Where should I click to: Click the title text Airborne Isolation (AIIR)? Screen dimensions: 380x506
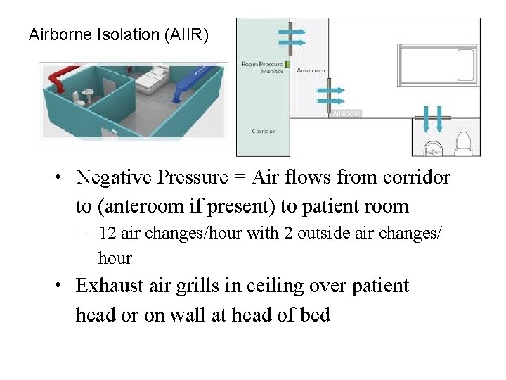tap(118, 34)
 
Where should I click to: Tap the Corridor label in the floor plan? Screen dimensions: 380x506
tap(264, 132)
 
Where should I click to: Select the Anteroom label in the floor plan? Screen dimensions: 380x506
tap(310, 71)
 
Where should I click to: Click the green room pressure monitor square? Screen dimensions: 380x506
tap(287, 64)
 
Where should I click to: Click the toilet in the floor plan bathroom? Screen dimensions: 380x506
tap(462, 144)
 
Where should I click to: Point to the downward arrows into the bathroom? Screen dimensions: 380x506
tap(432, 118)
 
